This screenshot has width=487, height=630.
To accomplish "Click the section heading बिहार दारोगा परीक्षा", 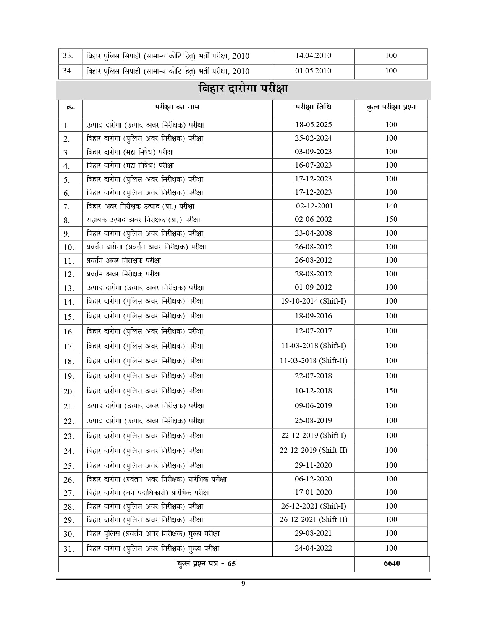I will [x=243, y=89].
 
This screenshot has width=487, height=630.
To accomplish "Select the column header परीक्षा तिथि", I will [x=313, y=107].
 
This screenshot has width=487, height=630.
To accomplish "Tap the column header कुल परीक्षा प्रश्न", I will [x=391, y=107].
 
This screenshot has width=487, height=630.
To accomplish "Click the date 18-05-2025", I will [x=313, y=125].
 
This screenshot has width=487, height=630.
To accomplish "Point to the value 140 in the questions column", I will [x=391, y=206].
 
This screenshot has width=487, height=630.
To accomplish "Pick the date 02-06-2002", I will [x=313, y=220].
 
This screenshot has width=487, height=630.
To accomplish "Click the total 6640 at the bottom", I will [x=392, y=564].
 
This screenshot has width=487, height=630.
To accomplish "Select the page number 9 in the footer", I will [x=243, y=583].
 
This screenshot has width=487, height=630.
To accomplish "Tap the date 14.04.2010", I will [x=313, y=56].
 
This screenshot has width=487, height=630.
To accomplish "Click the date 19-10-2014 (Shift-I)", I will [x=313, y=301].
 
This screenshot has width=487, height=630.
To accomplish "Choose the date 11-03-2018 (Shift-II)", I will [x=313, y=361].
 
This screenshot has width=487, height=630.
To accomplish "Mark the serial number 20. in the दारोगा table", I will [x=69, y=392].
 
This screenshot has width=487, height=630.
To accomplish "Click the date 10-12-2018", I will [x=313, y=391].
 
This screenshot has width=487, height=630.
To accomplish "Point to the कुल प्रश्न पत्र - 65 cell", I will [x=206, y=564].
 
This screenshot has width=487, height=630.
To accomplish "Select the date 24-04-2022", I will [x=313, y=548].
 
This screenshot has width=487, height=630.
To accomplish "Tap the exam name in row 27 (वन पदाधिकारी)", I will [x=148, y=493].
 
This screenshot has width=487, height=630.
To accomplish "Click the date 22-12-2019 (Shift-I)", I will [x=313, y=436].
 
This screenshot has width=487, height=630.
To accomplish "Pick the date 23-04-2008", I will [x=313, y=233].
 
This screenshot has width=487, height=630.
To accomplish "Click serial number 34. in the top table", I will [x=68, y=71].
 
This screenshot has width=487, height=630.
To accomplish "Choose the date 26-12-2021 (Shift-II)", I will [x=313, y=520].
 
